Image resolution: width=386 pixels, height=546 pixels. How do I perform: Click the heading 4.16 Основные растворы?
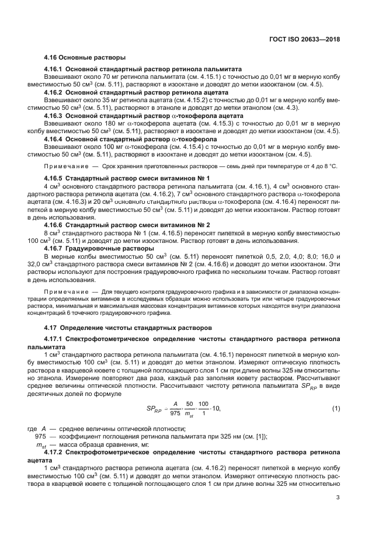[x=85, y=58]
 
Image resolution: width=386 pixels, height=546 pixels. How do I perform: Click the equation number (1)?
[x=336, y=407]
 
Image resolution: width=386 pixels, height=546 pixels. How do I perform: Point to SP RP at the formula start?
[x=154, y=408]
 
